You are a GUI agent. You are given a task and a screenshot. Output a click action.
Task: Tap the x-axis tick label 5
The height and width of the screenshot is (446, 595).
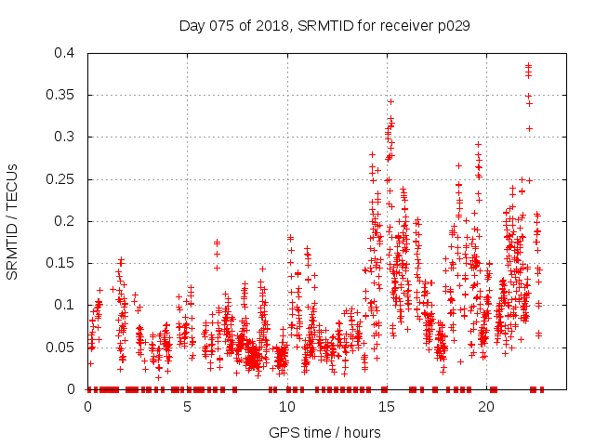click(x=187, y=406)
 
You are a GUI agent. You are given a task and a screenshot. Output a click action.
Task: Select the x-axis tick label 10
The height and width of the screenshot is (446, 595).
click(x=286, y=406)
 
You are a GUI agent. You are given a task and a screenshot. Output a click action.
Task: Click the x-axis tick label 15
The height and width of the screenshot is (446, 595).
click(x=386, y=406)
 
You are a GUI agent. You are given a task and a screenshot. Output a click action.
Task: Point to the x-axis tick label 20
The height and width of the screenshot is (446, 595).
click(x=486, y=406)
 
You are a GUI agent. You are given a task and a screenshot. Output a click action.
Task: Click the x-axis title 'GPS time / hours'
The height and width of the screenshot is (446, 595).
click(x=324, y=432)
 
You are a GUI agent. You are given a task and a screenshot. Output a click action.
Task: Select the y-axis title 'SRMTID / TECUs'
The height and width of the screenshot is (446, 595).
click(x=13, y=221)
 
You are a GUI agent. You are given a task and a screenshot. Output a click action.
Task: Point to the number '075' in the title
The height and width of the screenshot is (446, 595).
click(x=220, y=26)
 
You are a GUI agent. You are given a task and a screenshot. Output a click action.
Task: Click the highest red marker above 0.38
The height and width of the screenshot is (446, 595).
click(x=528, y=65)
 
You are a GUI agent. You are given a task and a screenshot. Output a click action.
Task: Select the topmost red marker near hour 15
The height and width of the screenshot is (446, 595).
click(x=390, y=101)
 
